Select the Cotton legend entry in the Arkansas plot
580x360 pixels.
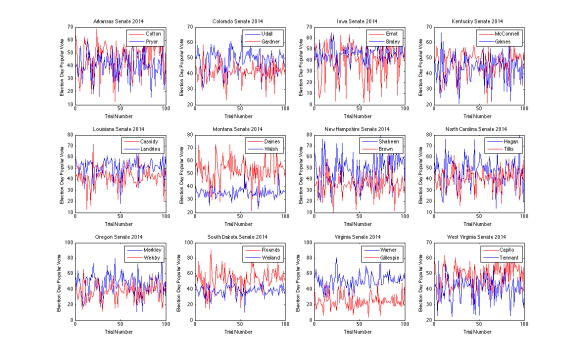tap(152, 33)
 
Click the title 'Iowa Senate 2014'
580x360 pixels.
tap(357, 21)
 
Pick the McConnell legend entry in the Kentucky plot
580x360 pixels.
tap(504, 33)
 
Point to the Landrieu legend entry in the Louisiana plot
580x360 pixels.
tap(150, 149)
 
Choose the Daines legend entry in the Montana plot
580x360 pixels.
tap(269, 141)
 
